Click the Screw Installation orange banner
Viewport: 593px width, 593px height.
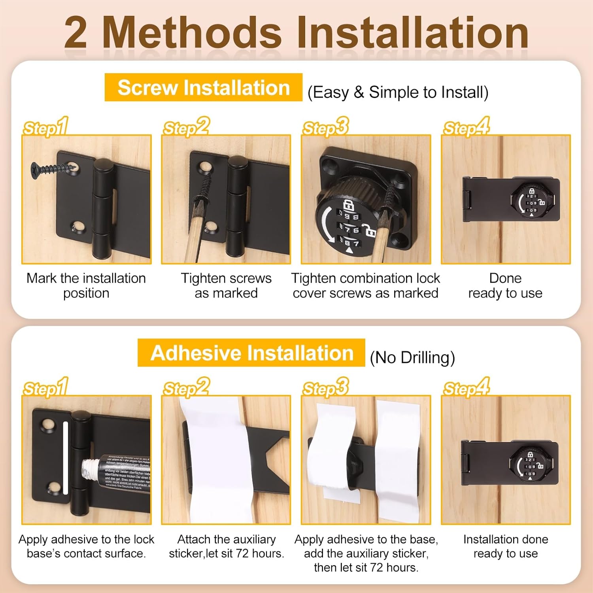(204, 87)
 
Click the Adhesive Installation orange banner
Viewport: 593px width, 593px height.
(251, 353)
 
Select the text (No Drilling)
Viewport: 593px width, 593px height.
(412, 357)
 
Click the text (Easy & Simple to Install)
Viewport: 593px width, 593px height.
(398, 93)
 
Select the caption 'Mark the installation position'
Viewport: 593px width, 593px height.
(86, 285)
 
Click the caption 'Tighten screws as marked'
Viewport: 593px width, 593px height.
(226, 285)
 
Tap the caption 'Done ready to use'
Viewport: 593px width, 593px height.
(505, 285)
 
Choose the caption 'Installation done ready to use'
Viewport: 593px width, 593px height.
(506, 546)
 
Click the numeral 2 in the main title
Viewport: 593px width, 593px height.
(76, 33)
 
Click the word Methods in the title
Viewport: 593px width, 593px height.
(192, 33)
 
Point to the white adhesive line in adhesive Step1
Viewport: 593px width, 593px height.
(66, 458)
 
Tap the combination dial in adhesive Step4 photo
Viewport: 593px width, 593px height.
(530, 466)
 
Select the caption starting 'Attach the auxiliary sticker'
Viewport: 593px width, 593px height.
(227, 546)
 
